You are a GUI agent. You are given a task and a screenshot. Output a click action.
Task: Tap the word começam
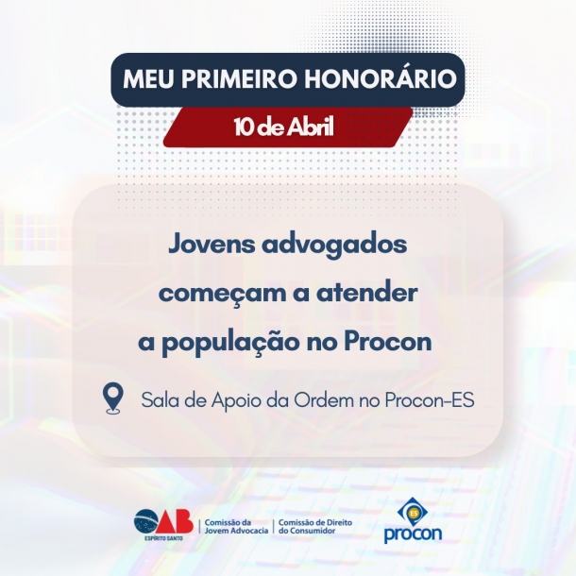click(x=212, y=294)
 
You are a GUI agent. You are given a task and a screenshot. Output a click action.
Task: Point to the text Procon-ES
click(x=430, y=399)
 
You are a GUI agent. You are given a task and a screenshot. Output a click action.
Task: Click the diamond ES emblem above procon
click(x=413, y=512)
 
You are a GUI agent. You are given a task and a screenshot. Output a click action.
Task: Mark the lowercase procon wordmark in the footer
click(x=413, y=534)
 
